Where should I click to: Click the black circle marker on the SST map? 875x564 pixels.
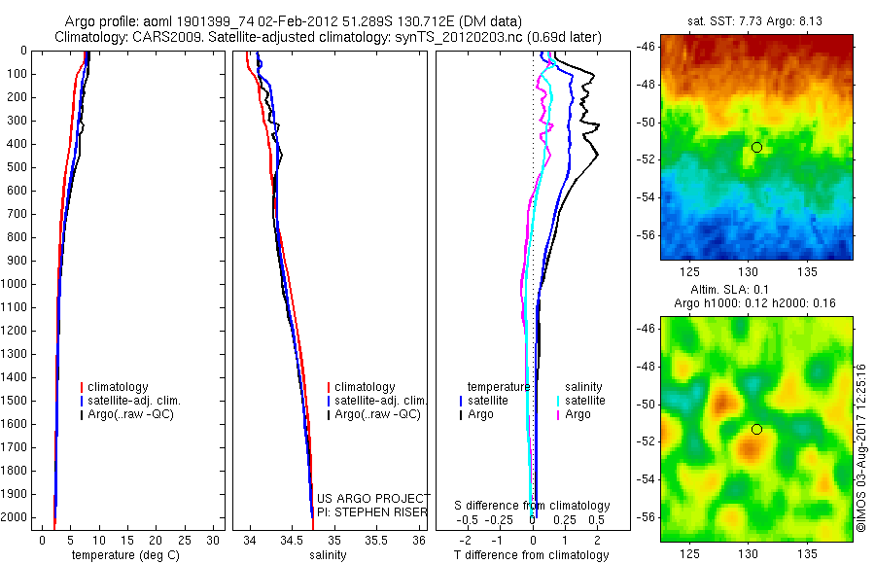[756, 147]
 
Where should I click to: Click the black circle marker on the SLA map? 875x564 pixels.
[756, 429]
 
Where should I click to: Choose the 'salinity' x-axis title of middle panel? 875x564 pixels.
[327, 555]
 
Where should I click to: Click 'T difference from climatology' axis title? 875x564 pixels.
[531, 555]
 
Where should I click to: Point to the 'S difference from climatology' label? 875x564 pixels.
[532, 506]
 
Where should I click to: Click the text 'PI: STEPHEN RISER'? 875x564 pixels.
[372, 511]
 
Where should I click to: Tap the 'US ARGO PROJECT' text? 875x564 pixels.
[372, 498]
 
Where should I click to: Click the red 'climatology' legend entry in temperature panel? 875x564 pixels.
[120, 387]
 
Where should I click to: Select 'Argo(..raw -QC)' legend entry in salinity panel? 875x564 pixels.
[377, 414]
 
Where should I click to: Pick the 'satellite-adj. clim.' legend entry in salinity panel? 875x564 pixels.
[380, 401]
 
